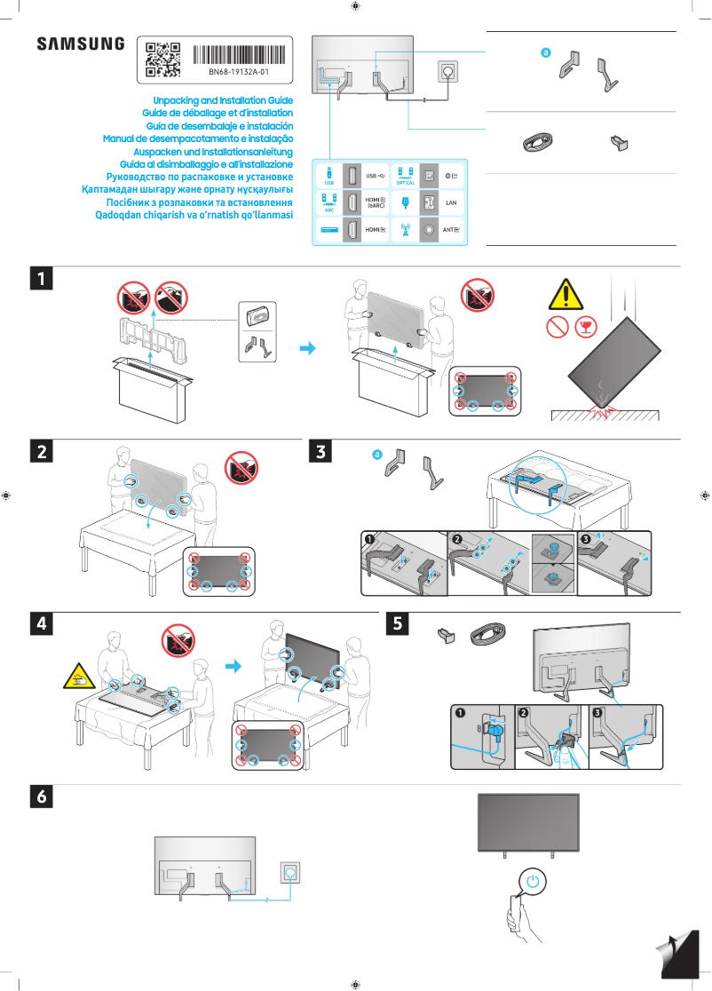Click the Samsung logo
(81, 44)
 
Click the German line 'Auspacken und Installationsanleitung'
(218, 152)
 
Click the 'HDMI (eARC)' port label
(376, 202)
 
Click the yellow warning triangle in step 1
(566, 294)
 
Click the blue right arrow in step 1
(307, 348)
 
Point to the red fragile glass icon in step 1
(584, 327)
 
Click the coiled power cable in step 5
(487, 633)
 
